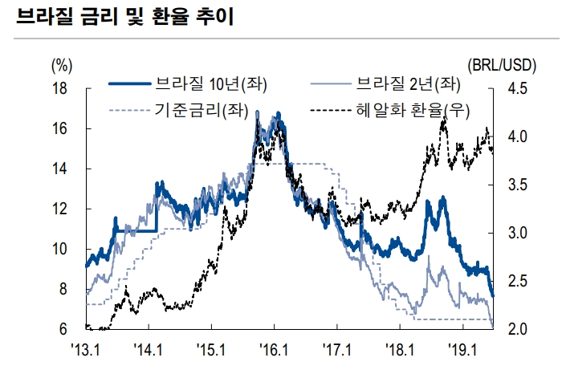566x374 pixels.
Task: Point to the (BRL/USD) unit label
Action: point(501,65)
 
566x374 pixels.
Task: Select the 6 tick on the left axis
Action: point(63,329)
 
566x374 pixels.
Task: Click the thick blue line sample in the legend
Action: point(128,83)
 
